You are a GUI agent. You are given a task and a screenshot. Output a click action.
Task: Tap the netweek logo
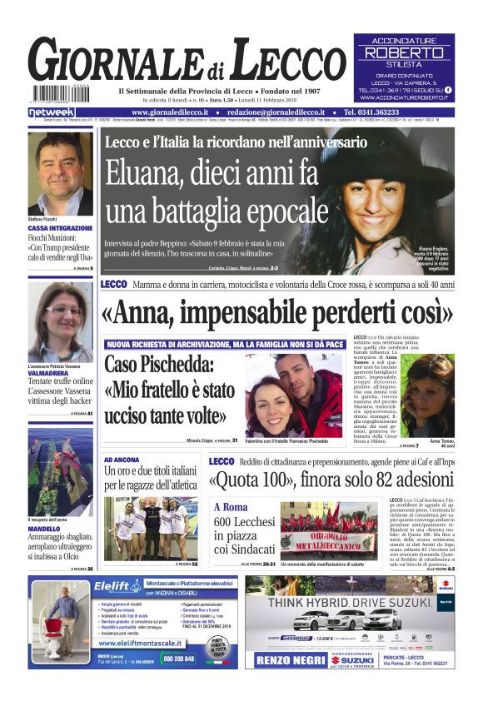pyautogui.click(x=52, y=112)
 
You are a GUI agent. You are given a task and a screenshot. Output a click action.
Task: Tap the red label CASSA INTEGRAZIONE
pyautogui.click(x=60, y=227)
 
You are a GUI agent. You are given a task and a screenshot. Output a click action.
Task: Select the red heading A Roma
pyautogui.click(x=230, y=507)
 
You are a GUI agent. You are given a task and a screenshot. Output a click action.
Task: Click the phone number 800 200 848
pyautogui.click(x=178, y=658)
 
